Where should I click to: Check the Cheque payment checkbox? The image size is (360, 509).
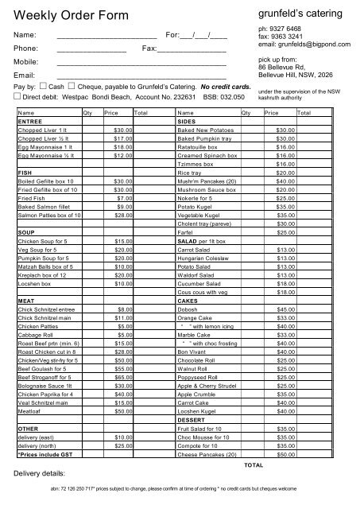coord(72,84)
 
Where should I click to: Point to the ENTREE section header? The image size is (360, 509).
coord(29,122)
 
